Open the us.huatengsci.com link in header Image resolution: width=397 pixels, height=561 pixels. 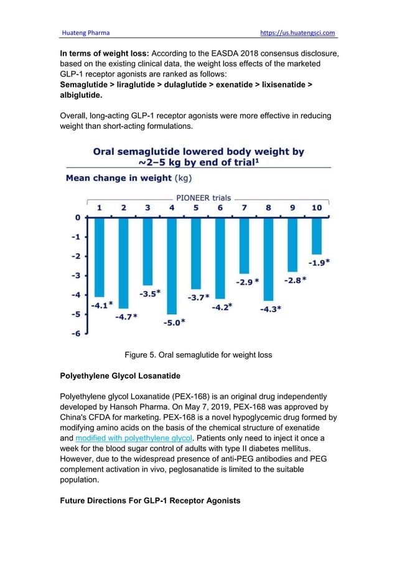click(x=300, y=32)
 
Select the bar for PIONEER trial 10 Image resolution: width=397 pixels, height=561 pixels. click(x=317, y=236)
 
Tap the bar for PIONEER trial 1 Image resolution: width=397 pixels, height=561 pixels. click(x=99, y=257)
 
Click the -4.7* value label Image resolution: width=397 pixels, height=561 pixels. click(x=126, y=317)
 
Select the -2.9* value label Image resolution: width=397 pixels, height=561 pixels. click(x=247, y=282)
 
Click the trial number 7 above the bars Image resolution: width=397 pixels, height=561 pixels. click(x=244, y=208)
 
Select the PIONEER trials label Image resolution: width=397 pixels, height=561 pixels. click(x=203, y=198)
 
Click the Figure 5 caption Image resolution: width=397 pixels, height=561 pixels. click(x=198, y=355)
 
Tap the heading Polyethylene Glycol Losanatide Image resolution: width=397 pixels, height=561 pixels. click(x=126, y=376)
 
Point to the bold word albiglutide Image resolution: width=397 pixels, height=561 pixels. click(x=83, y=97)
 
